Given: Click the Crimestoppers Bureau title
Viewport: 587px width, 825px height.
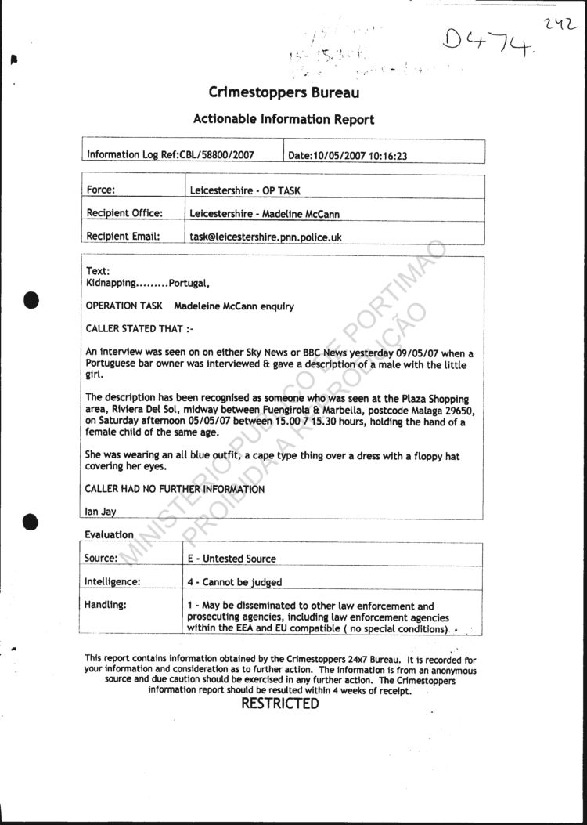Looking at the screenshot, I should click(284, 92).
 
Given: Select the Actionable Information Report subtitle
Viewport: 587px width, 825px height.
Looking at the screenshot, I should click(283, 119).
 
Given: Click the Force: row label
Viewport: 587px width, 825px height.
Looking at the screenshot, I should click(101, 190).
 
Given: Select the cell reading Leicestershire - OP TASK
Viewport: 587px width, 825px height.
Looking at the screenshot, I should click(245, 190).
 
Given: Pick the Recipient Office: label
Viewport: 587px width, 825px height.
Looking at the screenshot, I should click(124, 213).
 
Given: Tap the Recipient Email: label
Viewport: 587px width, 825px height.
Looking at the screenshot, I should click(124, 236).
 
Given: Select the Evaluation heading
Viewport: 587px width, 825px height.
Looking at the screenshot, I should click(109, 534).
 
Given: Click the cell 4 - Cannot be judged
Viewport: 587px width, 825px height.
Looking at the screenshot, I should click(234, 582).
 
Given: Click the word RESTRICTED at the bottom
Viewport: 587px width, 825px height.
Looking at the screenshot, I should click(279, 704).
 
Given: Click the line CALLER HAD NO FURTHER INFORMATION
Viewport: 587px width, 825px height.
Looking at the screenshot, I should click(175, 489).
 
